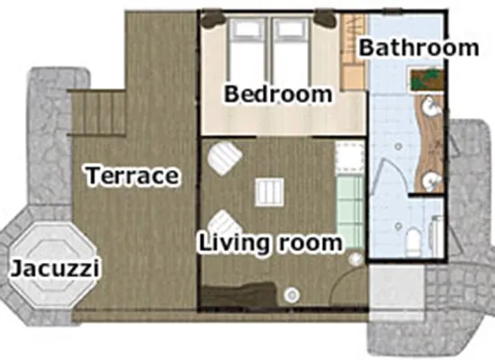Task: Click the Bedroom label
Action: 278,94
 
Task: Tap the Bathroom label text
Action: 418,48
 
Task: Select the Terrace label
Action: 132,175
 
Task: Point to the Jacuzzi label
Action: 56,269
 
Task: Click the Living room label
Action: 270,243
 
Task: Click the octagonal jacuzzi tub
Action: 52,265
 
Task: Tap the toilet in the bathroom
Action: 413,242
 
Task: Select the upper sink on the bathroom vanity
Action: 431,106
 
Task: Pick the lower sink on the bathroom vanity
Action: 431,181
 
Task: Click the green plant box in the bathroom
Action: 427,80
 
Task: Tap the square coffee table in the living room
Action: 269,192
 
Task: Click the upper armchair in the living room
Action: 224,157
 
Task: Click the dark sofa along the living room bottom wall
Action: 239,294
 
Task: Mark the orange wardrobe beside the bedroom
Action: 354,52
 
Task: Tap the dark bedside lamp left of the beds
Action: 214,20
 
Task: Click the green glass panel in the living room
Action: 350,212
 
